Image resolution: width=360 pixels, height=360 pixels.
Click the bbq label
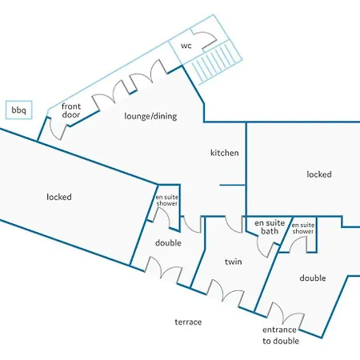tap(18, 110)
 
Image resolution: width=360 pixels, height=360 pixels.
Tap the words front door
tap(71, 110)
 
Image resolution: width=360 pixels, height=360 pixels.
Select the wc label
tap(186, 46)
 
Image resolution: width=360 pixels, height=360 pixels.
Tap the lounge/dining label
tap(150, 116)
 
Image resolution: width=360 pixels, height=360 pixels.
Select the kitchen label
tap(225, 153)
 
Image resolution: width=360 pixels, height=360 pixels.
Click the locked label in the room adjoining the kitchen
tap(319, 174)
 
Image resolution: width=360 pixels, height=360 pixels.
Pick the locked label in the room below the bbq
tap(59, 197)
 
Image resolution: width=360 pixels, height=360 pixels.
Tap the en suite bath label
tap(270, 227)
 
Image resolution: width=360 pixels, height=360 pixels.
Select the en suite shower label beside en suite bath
tap(303, 228)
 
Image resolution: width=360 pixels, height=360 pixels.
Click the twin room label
tap(234, 262)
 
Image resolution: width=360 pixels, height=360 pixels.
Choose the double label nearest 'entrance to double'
tap(313, 278)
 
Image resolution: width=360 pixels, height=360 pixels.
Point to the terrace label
tap(188, 322)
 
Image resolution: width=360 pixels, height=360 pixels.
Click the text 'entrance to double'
tap(280, 335)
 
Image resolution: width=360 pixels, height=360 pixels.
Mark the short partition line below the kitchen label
tap(233, 185)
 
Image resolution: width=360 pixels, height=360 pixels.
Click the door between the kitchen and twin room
tap(234, 225)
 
